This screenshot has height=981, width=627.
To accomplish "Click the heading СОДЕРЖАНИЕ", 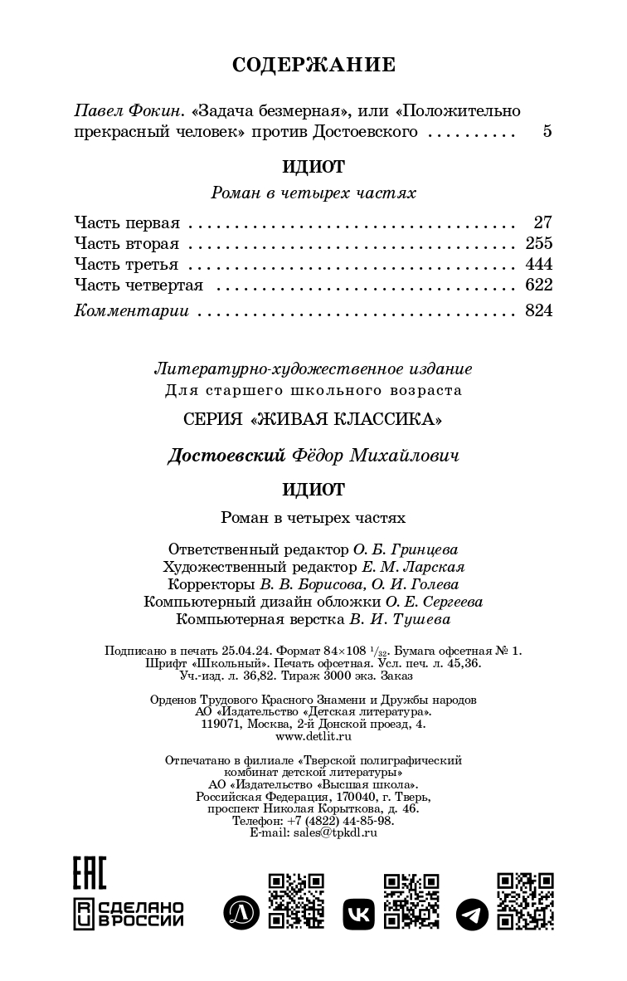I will point(313,65).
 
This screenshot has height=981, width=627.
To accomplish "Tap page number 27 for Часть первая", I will point(543,222).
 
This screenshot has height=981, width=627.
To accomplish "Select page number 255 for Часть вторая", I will point(538,243).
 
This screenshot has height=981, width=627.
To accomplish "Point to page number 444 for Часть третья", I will point(538,265).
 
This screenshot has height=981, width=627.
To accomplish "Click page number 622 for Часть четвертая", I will point(538,286).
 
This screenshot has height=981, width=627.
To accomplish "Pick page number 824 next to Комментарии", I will point(538,311).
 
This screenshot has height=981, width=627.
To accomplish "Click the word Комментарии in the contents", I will point(132,311).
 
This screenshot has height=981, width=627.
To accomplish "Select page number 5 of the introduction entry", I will point(547,132).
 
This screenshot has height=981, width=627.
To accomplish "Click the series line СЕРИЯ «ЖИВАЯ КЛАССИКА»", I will point(313,419).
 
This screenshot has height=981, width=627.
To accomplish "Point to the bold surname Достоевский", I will point(226,456).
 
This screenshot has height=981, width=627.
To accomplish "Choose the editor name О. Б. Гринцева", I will point(406,549).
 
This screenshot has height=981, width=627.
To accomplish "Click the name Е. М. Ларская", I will point(413,567).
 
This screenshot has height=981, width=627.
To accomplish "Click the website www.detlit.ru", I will point(313,735).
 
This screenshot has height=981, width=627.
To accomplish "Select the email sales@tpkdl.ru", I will point(337,832).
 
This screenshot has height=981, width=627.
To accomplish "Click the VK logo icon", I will point(358,914).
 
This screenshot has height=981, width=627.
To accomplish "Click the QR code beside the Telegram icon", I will point(525,900).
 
